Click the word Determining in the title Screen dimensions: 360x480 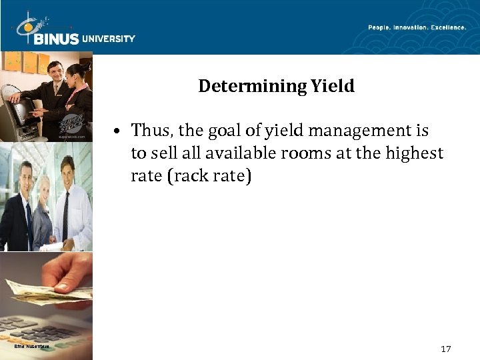251,86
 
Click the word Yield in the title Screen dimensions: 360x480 332,86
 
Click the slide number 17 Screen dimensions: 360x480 447,349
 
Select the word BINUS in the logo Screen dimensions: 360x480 55,39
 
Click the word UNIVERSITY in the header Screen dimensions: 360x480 108,39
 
